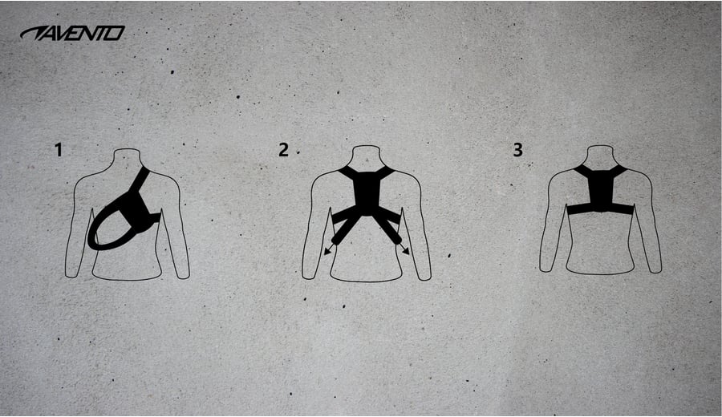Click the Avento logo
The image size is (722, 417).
(x=72, y=33)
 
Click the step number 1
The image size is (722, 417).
(x=58, y=150)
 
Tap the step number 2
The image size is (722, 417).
(x=283, y=150)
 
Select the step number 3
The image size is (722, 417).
(x=518, y=150)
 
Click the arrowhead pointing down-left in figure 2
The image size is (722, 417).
(x=327, y=251)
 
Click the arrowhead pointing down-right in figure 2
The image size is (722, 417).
(x=405, y=250)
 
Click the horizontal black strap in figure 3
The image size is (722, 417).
(x=599, y=208)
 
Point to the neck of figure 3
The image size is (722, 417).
(x=600, y=156)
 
